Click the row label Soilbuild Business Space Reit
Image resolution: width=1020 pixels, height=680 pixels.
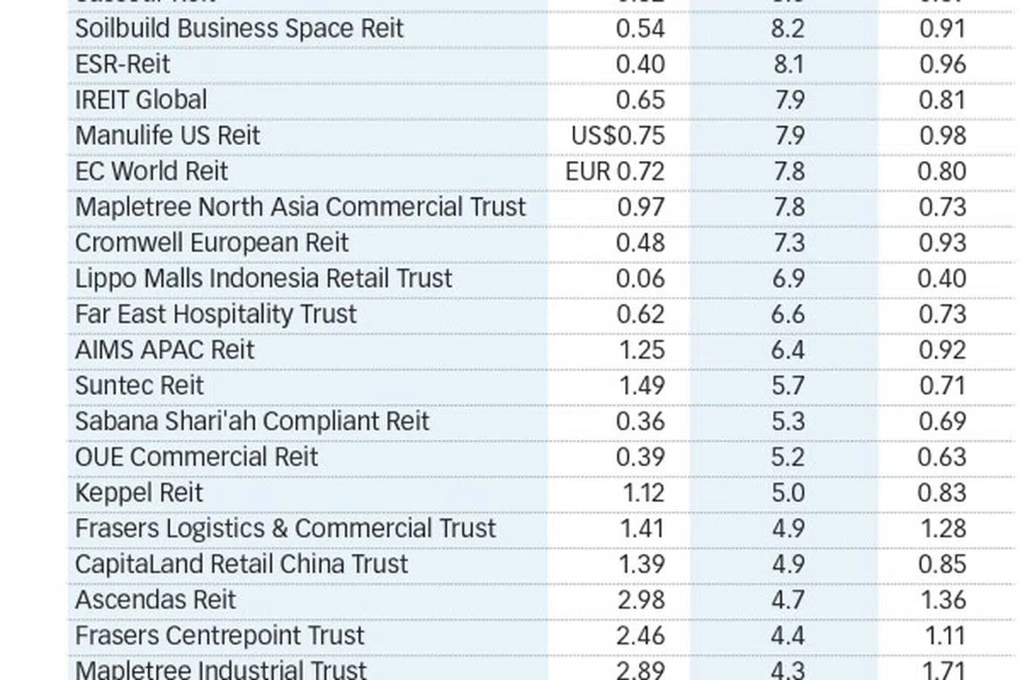239,29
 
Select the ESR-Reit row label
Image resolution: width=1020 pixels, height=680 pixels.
122,64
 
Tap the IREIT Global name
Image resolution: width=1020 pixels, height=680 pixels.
140,100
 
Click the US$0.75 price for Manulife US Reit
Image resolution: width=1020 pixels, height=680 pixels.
617,136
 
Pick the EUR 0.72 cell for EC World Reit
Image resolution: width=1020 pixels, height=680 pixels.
615,172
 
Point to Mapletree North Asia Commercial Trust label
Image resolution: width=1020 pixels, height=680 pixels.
301,208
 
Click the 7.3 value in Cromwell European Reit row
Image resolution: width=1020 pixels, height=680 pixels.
787,243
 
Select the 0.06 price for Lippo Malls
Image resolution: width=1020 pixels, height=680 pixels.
640,279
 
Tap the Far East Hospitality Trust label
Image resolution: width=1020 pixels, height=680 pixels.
216,315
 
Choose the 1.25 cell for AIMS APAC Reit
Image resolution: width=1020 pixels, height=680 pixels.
642,350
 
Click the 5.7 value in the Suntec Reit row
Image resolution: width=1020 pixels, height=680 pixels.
787,386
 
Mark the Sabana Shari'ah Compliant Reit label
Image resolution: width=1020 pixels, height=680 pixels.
252,421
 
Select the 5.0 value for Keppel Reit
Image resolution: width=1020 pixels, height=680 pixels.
787,493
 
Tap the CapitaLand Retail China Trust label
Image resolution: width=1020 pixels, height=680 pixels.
242,565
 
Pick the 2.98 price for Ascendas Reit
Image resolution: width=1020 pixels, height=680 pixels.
641,600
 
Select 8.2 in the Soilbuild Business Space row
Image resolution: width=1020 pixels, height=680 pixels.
787,29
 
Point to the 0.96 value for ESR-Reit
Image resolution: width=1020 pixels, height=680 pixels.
942,64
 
